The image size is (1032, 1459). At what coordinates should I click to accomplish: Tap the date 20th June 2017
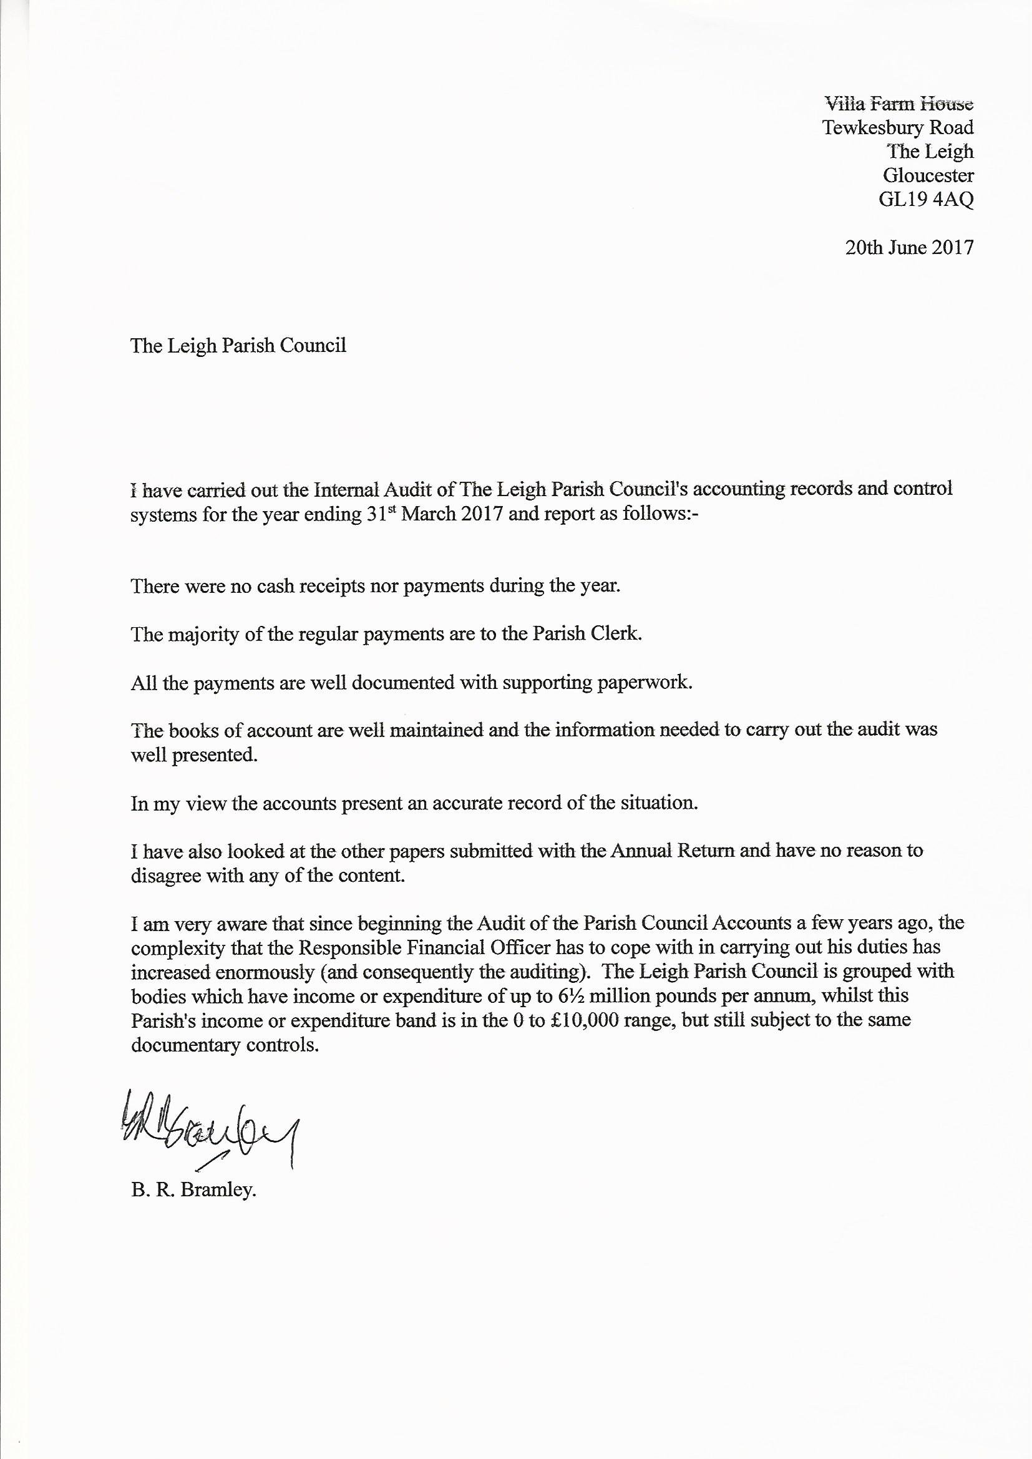click(908, 247)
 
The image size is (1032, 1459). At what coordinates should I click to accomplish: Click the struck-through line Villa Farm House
click(898, 103)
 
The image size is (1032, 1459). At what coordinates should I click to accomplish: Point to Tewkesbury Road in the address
click(898, 127)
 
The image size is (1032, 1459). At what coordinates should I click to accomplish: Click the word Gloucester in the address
click(928, 175)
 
